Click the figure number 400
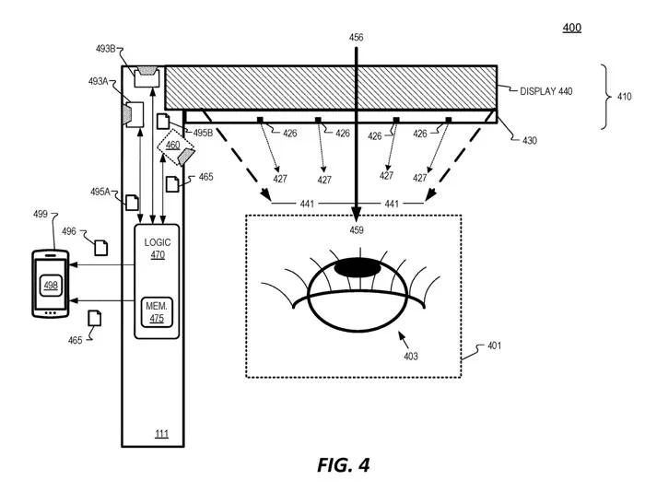pos(572,28)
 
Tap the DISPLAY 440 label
pos(545,91)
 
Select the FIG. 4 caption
pos(343,465)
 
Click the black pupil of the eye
pos(358,268)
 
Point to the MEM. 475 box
pos(157,312)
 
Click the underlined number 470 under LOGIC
pos(158,254)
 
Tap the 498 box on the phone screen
pos(51,285)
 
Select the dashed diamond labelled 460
pos(175,147)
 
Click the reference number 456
pos(357,38)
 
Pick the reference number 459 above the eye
pos(357,230)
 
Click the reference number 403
pos(411,357)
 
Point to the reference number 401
pos(495,346)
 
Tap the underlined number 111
pos(161,434)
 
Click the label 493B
pos(105,49)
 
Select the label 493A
pos(98,81)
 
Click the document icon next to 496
pos(101,248)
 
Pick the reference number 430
pos(530,141)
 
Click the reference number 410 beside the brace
pos(625,97)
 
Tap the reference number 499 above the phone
pos(41,214)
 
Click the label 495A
pos(100,192)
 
